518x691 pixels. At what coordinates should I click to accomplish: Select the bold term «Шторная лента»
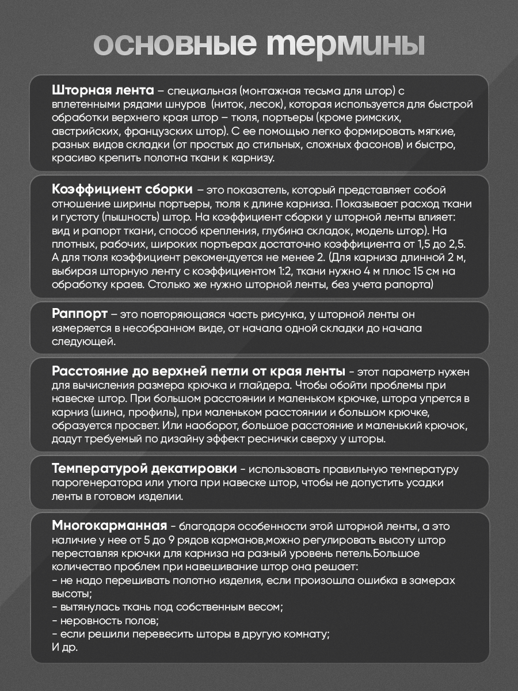[102, 90]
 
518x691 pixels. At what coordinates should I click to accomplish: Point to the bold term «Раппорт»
[79, 314]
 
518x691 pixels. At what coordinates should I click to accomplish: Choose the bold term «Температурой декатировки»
[144, 467]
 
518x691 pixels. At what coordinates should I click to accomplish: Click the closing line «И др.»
[64, 647]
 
